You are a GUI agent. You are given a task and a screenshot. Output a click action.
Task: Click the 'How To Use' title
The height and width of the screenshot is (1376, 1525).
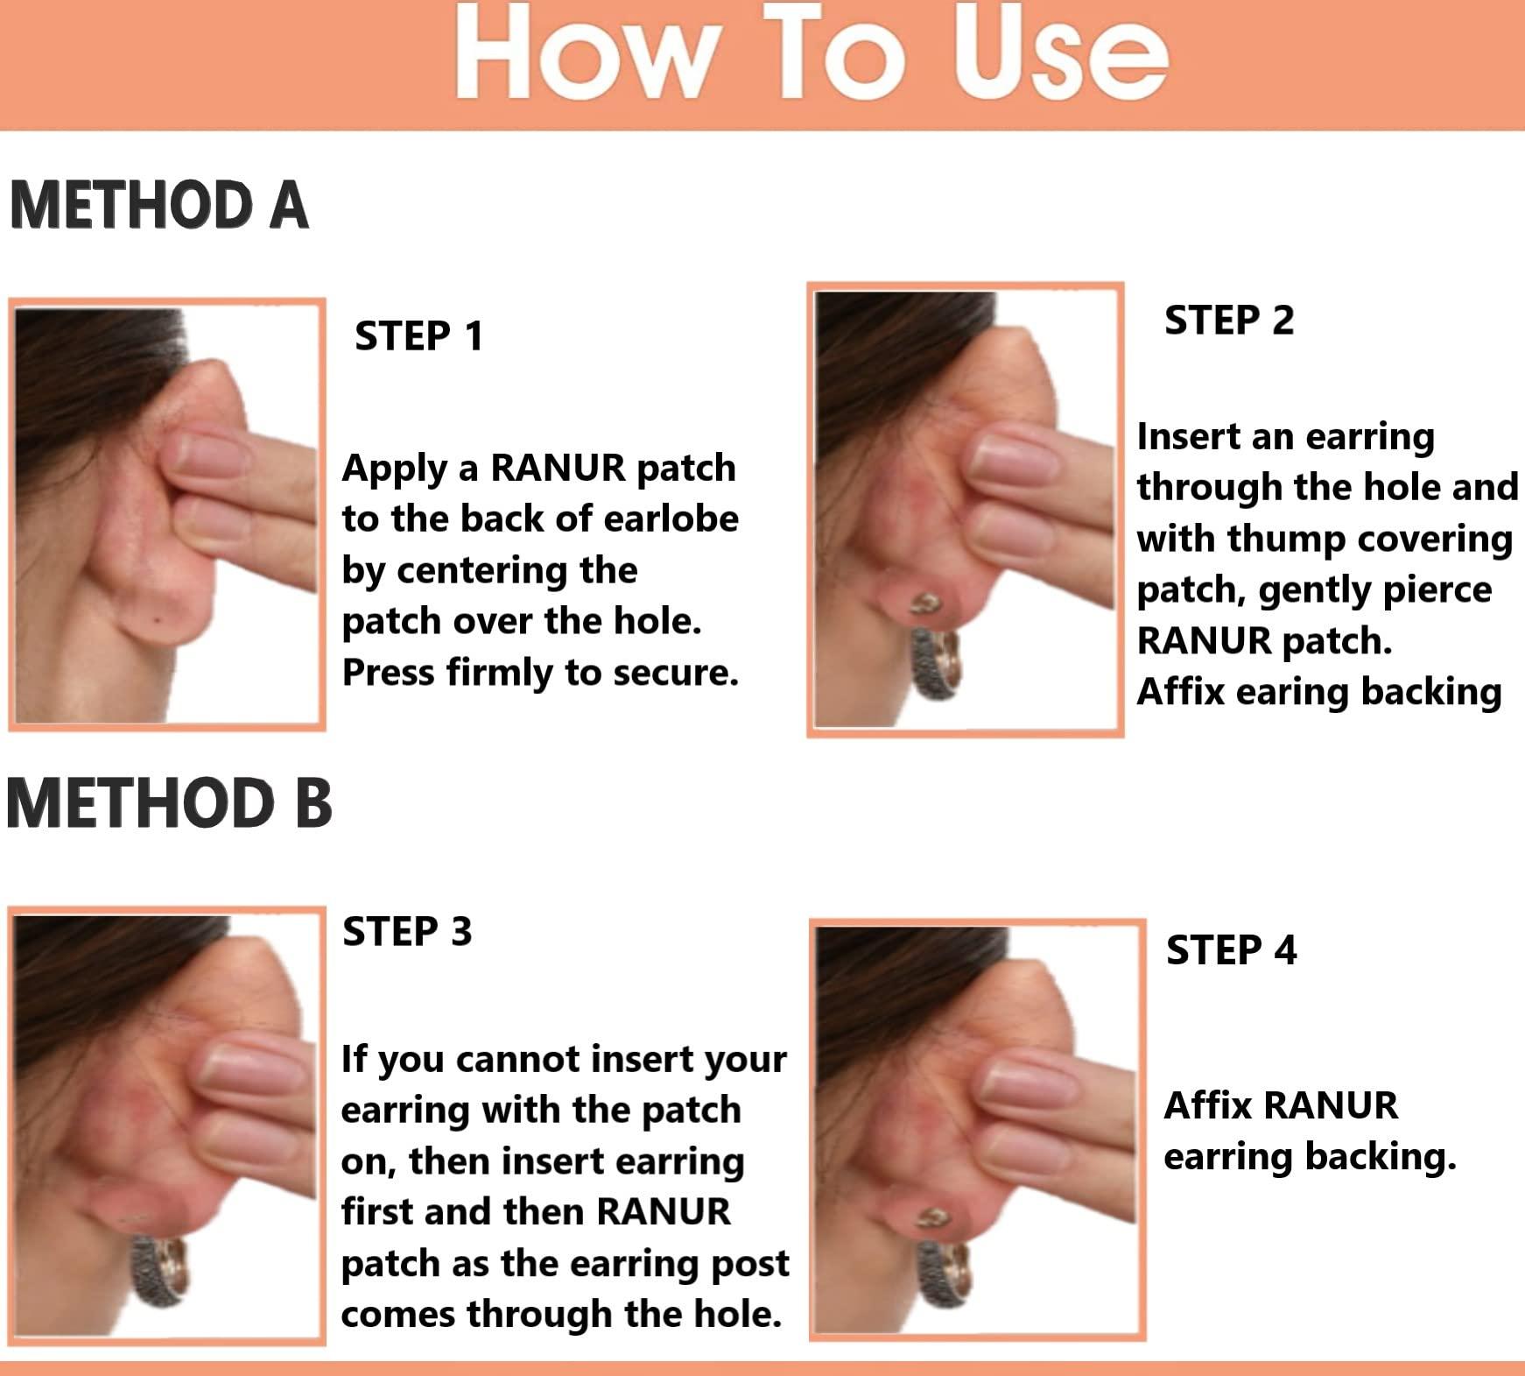pyautogui.click(x=811, y=54)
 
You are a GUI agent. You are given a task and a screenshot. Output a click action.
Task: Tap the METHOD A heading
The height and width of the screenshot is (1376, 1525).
pyautogui.click(x=158, y=207)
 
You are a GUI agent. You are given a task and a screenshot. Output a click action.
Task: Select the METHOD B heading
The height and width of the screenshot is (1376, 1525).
pyautogui.click(x=169, y=804)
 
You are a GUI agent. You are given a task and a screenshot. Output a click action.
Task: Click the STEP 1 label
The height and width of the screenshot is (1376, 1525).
pyautogui.click(x=418, y=336)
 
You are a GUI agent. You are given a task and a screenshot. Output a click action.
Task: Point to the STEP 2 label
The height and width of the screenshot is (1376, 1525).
pyautogui.click(x=1228, y=320)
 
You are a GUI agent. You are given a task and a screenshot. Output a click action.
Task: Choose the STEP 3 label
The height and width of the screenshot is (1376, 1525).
pyautogui.click(x=407, y=931)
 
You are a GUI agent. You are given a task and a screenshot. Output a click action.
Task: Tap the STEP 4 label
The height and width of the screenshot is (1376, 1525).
pyautogui.click(x=1231, y=950)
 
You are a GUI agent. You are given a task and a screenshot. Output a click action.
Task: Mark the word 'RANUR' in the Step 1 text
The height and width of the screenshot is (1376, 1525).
pyautogui.click(x=557, y=469)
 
